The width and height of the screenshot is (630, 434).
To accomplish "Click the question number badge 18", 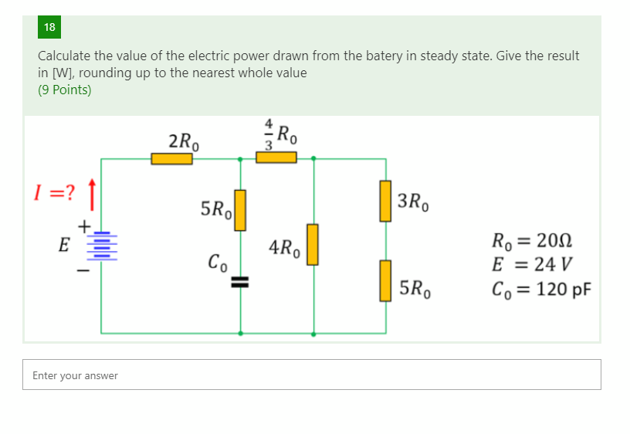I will [49, 28].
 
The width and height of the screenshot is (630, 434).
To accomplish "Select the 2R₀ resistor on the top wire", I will [171, 159].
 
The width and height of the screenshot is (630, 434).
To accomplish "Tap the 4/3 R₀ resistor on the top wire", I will [276, 158].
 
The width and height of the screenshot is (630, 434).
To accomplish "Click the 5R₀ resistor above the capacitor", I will [240, 210].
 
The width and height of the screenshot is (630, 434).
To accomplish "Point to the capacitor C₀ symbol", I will [240, 282].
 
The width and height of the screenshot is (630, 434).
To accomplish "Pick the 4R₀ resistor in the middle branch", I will [313, 244].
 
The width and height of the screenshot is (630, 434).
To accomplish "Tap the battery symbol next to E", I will [101, 246].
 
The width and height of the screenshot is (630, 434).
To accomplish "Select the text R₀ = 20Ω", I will [531, 241].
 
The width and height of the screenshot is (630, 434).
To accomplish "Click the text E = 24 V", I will [531, 265].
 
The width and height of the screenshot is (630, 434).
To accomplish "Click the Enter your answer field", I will [311, 375].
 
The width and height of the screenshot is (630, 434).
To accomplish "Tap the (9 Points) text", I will [65, 90].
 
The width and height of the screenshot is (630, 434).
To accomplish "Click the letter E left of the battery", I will [64, 246].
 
